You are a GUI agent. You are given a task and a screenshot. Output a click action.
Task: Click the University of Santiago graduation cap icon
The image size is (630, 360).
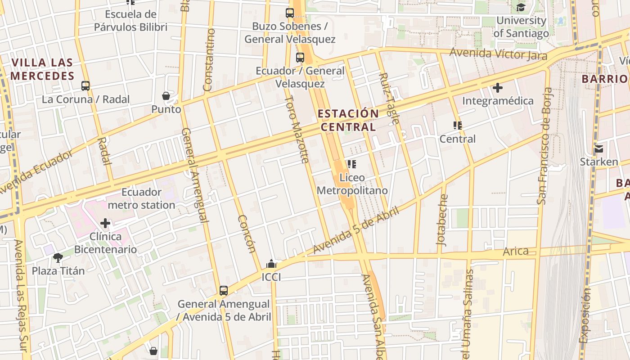(x=521, y=7)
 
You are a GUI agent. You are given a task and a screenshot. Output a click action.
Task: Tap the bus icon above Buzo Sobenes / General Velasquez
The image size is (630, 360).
(x=290, y=13)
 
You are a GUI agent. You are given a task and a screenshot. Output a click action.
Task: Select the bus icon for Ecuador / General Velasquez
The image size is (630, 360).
(x=300, y=58)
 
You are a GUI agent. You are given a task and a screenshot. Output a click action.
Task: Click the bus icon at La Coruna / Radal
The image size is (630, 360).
(x=85, y=85)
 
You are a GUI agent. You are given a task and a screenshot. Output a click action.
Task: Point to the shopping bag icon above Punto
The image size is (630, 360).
(x=166, y=96)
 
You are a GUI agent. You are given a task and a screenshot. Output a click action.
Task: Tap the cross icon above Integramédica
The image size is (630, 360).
(x=498, y=87)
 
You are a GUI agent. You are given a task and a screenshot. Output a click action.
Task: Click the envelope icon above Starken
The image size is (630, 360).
(x=598, y=148)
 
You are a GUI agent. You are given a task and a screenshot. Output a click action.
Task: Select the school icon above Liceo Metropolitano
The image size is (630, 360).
(x=352, y=164)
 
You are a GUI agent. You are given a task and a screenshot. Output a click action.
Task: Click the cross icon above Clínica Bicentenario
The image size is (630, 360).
(x=105, y=223)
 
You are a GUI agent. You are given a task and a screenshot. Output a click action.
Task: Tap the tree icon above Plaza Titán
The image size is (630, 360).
(x=58, y=257)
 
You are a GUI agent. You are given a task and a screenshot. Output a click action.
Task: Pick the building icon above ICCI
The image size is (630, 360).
(x=271, y=264)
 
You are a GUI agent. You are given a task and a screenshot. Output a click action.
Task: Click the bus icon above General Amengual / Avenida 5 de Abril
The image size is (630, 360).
(x=224, y=290)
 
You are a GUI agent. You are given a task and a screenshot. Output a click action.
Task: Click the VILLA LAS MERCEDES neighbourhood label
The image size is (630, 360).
(x=42, y=69)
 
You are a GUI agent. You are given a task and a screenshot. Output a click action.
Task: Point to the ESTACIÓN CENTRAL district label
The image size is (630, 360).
(x=348, y=120)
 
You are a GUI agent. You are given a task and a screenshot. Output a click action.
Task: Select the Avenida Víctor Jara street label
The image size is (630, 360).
(x=498, y=54)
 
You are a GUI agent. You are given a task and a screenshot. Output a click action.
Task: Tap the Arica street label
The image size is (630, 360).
(x=516, y=251)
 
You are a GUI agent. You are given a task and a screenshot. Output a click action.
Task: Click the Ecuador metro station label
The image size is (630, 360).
(x=141, y=198)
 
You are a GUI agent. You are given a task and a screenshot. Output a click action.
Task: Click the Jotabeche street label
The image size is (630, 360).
(x=443, y=220)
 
